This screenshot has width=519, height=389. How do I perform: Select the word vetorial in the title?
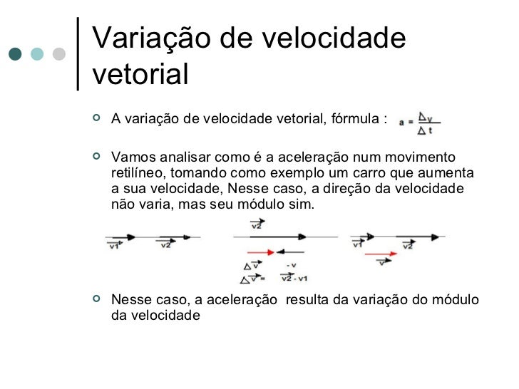point(140,74)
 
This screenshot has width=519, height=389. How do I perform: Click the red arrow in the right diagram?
point(381,253)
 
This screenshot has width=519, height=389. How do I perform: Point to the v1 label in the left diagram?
point(113,246)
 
